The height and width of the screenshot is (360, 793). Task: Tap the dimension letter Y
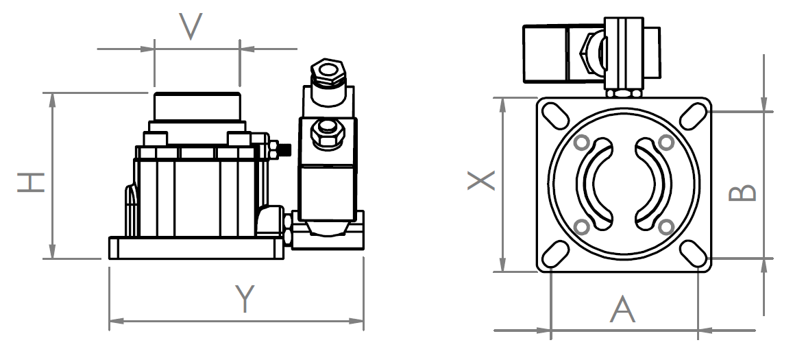[x=245, y=298]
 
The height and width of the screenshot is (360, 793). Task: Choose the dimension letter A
[x=623, y=310]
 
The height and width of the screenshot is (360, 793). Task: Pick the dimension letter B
[x=742, y=193]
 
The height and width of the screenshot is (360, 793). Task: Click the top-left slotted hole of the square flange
[x=554, y=115]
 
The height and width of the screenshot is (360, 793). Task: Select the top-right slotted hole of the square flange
[x=694, y=115]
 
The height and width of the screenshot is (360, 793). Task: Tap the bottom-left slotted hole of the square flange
[x=554, y=252]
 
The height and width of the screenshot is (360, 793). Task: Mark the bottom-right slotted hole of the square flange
[x=694, y=252]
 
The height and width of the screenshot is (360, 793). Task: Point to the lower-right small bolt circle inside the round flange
[x=665, y=226]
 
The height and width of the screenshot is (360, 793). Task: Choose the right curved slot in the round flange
[x=654, y=184]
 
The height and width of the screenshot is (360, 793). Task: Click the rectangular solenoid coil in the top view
[x=548, y=53]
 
